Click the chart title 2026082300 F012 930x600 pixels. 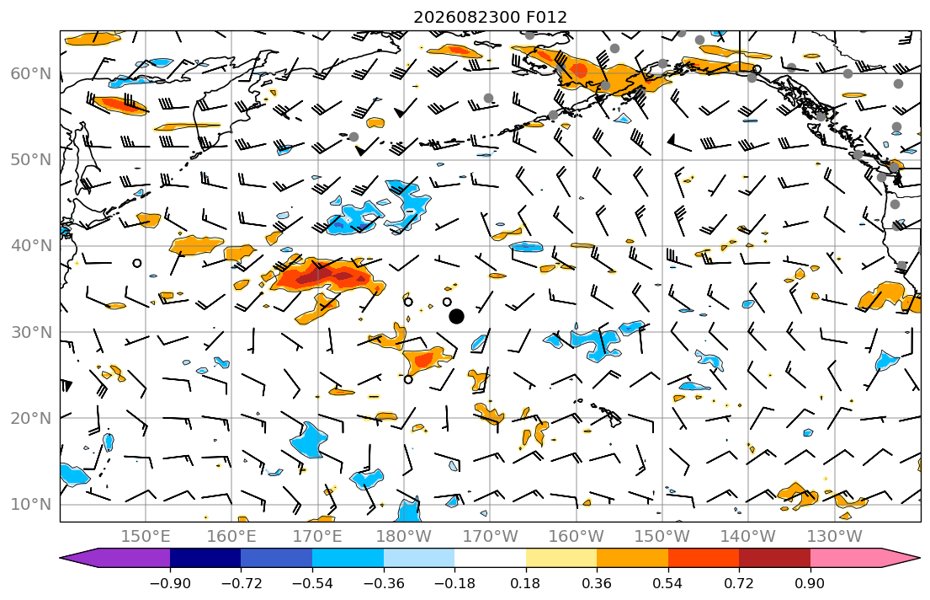(490, 17)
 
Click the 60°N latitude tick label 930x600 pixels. (31, 73)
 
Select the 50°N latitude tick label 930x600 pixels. (31, 160)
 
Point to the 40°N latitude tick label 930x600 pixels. (31, 246)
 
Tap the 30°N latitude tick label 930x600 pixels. (31, 332)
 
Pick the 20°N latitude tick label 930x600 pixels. (31, 418)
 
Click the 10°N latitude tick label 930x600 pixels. (31, 505)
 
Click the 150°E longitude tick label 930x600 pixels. (146, 537)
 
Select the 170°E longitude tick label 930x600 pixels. (317, 537)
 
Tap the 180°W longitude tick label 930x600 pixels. (404, 537)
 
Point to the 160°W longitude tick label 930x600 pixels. (576, 537)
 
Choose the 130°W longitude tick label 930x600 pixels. (835, 537)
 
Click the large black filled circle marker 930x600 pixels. (456, 317)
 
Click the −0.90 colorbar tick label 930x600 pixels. (170, 583)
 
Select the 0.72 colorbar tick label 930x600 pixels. (739, 583)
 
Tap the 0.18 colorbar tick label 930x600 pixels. (525, 583)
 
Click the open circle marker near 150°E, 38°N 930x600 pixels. (137, 263)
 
